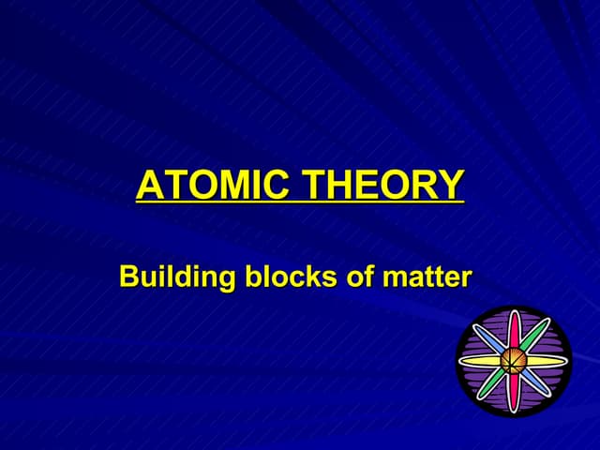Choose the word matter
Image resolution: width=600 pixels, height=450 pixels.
click(x=423, y=277)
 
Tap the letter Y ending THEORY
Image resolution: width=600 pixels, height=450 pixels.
click(x=451, y=185)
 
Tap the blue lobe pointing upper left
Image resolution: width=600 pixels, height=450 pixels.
click(x=490, y=339)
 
